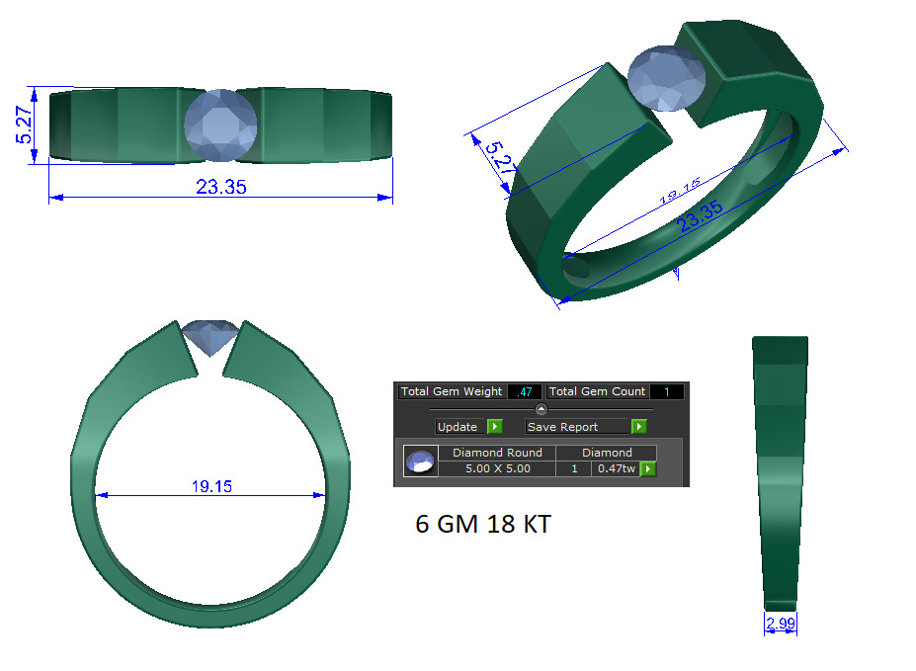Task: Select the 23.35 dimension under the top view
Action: [x=220, y=187]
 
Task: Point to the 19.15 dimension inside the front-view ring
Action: [x=211, y=486]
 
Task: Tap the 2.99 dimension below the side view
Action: [x=780, y=623]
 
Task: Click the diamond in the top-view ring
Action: [x=220, y=125]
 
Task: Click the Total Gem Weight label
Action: [x=451, y=392]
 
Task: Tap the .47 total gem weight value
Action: [x=525, y=392]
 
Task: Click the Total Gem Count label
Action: [x=597, y=392]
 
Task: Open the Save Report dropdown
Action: [x=578, y=427]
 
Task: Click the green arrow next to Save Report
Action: [x=639, y=427]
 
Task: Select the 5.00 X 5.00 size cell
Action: [x=497, y=468]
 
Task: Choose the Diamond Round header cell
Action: [x=497, y=453]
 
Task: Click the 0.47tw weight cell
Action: [x=615, y=468]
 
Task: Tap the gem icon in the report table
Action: [x=421, y=461]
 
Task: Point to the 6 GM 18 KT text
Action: [x=482, y=525]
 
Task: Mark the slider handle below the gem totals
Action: [x=541, y=409]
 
